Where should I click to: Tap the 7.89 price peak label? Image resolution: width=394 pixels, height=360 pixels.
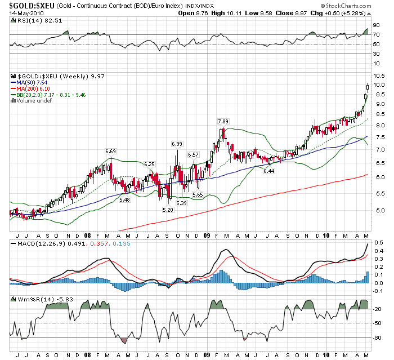223,121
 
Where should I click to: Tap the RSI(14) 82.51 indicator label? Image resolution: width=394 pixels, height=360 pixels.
32,20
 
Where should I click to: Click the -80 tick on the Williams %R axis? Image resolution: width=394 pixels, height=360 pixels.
376,337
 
